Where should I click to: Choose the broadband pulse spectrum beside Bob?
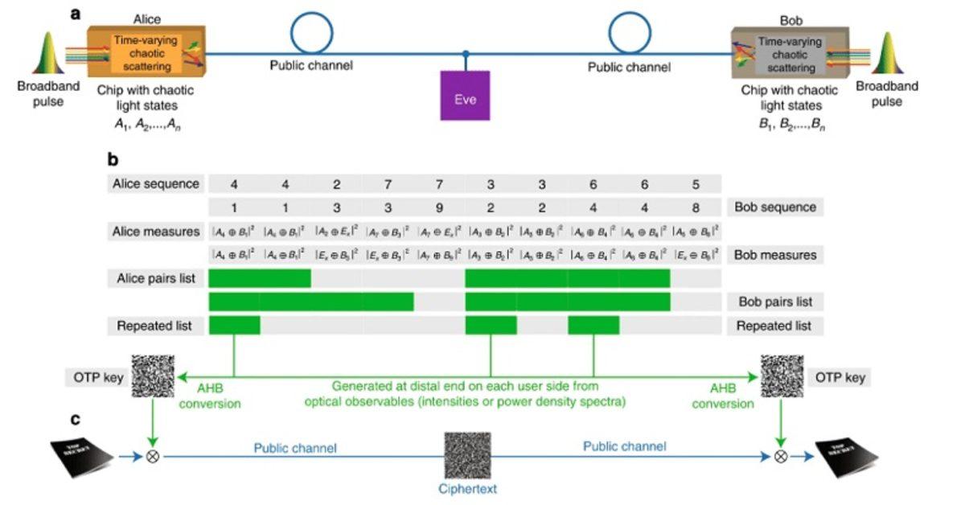(887, 55)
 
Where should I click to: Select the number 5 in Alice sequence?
(695, 183)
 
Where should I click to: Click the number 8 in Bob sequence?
(695, 207)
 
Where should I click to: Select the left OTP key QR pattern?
(152, 376)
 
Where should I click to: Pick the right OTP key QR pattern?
(782, 376)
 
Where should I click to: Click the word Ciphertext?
(469, 488)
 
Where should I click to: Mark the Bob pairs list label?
(775, 302)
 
